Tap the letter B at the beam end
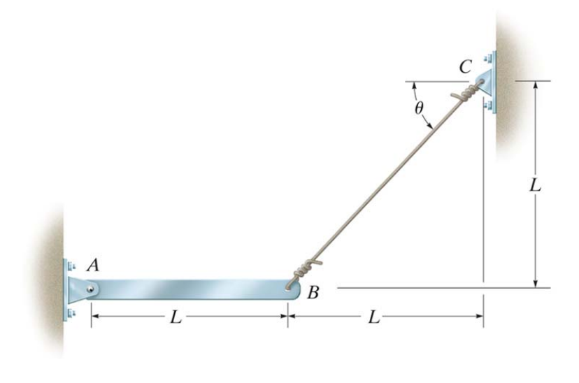pos(313,293)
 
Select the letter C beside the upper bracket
pos(465,68)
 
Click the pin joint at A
pos(91,287)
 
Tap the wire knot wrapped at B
pos(303,269)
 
